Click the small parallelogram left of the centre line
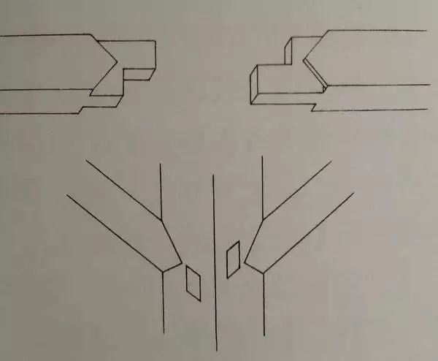(194, 282)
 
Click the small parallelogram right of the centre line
(234, 259)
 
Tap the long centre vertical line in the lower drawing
(213, 263)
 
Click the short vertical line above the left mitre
(161, 190)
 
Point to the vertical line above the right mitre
(262, 186)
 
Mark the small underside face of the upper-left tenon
(139, 77)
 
